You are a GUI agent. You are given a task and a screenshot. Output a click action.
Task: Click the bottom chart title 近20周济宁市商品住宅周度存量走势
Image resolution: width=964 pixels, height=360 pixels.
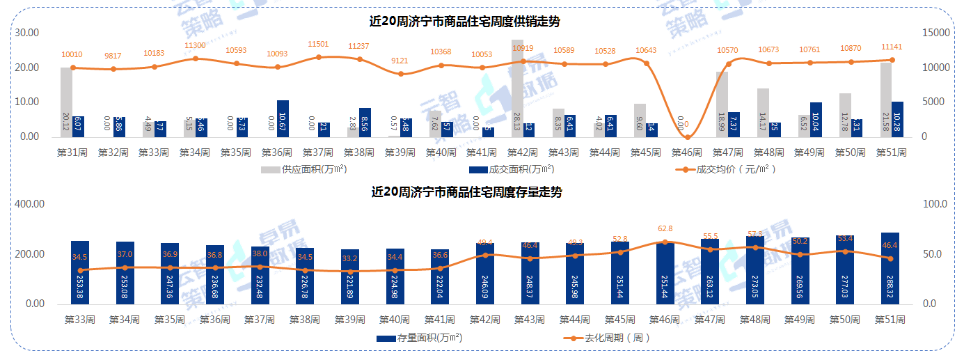point(466,192)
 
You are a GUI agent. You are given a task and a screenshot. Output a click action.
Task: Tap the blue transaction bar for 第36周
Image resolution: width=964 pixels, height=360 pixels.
point(283,118)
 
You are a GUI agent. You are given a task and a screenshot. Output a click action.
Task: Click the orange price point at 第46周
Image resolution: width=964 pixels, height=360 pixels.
point(687,136)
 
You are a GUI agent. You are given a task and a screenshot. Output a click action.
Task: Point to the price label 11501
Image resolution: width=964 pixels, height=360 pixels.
point(318,44)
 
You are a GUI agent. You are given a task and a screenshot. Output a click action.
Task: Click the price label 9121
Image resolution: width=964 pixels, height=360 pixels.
point(400,61)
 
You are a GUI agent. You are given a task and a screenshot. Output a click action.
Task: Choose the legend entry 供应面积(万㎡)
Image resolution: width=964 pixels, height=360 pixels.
point(304,169)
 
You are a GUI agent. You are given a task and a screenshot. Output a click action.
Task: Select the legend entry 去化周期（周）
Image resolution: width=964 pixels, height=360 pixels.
point(606,338)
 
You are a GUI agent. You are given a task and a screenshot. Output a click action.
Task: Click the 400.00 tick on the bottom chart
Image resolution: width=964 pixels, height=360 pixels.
point(30,204)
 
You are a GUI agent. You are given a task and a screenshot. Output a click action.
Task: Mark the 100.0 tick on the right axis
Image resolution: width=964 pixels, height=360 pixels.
point(934,204)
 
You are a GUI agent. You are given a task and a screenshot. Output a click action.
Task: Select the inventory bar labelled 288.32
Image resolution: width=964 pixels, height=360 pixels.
point(890,268)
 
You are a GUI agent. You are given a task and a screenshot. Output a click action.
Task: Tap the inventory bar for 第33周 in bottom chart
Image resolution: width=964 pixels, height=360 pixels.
point(80,272)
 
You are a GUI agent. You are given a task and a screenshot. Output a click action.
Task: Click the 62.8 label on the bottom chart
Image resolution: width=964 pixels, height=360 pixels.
point(666,228)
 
